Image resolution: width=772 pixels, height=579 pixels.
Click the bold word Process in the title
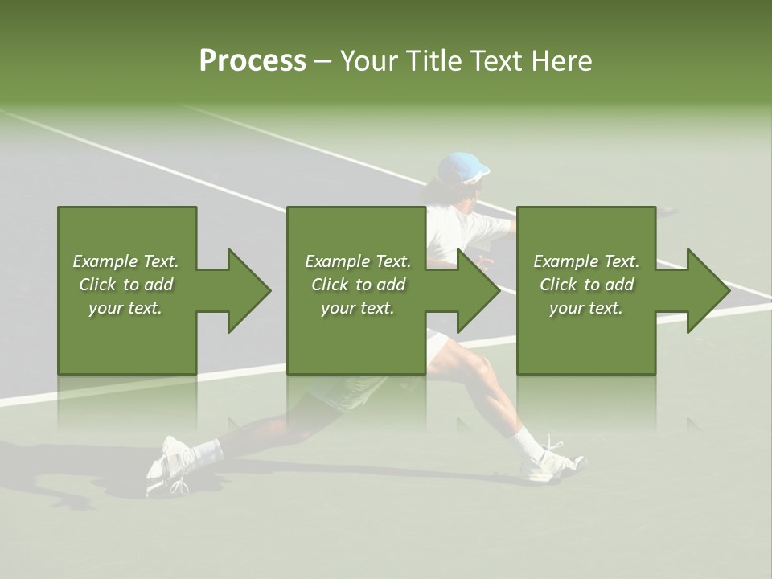[x=253, y=61]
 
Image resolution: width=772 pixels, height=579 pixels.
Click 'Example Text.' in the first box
[x=125, y=261]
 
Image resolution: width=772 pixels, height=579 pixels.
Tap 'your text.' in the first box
[x=125, y=308]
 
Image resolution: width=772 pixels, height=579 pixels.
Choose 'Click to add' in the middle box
[x=358, y=285]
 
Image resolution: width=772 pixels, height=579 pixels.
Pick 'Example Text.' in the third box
[x=586, y=261]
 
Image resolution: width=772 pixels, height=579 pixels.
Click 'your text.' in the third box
[x=586, y=308]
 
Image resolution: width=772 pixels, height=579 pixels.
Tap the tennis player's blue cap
[x=464, y=167]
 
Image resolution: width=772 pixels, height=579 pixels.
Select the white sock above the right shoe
[x=528, y=441]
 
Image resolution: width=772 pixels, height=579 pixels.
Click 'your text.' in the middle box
[x=358, y=308]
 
